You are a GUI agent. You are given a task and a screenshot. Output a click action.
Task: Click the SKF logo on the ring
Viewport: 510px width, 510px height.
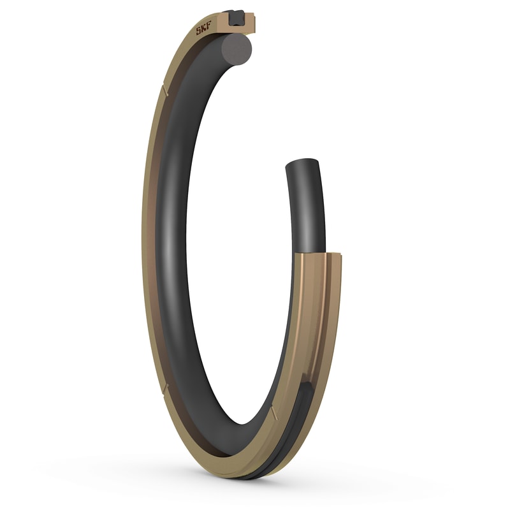(204, 29)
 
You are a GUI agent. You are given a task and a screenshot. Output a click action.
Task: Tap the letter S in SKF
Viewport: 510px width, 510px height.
(199, 32)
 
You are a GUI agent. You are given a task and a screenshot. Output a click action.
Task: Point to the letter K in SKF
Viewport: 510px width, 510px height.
(204, 29)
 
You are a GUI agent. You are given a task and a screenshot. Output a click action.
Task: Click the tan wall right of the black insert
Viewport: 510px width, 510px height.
(251, 23)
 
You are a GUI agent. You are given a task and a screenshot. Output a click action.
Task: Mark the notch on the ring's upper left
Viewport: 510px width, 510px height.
(164, 91)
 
